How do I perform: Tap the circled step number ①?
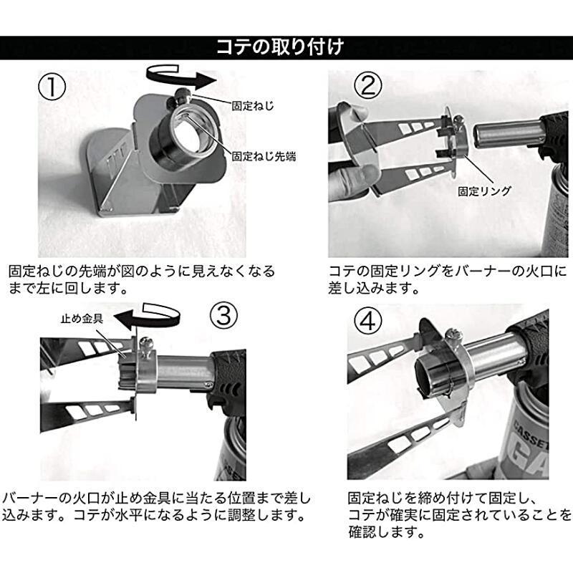point(52,88)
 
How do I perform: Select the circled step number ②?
point(368,87)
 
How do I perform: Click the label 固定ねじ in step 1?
point(254,105)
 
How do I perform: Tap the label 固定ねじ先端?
point(263,155)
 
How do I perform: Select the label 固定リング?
point(485,191)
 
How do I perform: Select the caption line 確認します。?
point(385,534)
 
